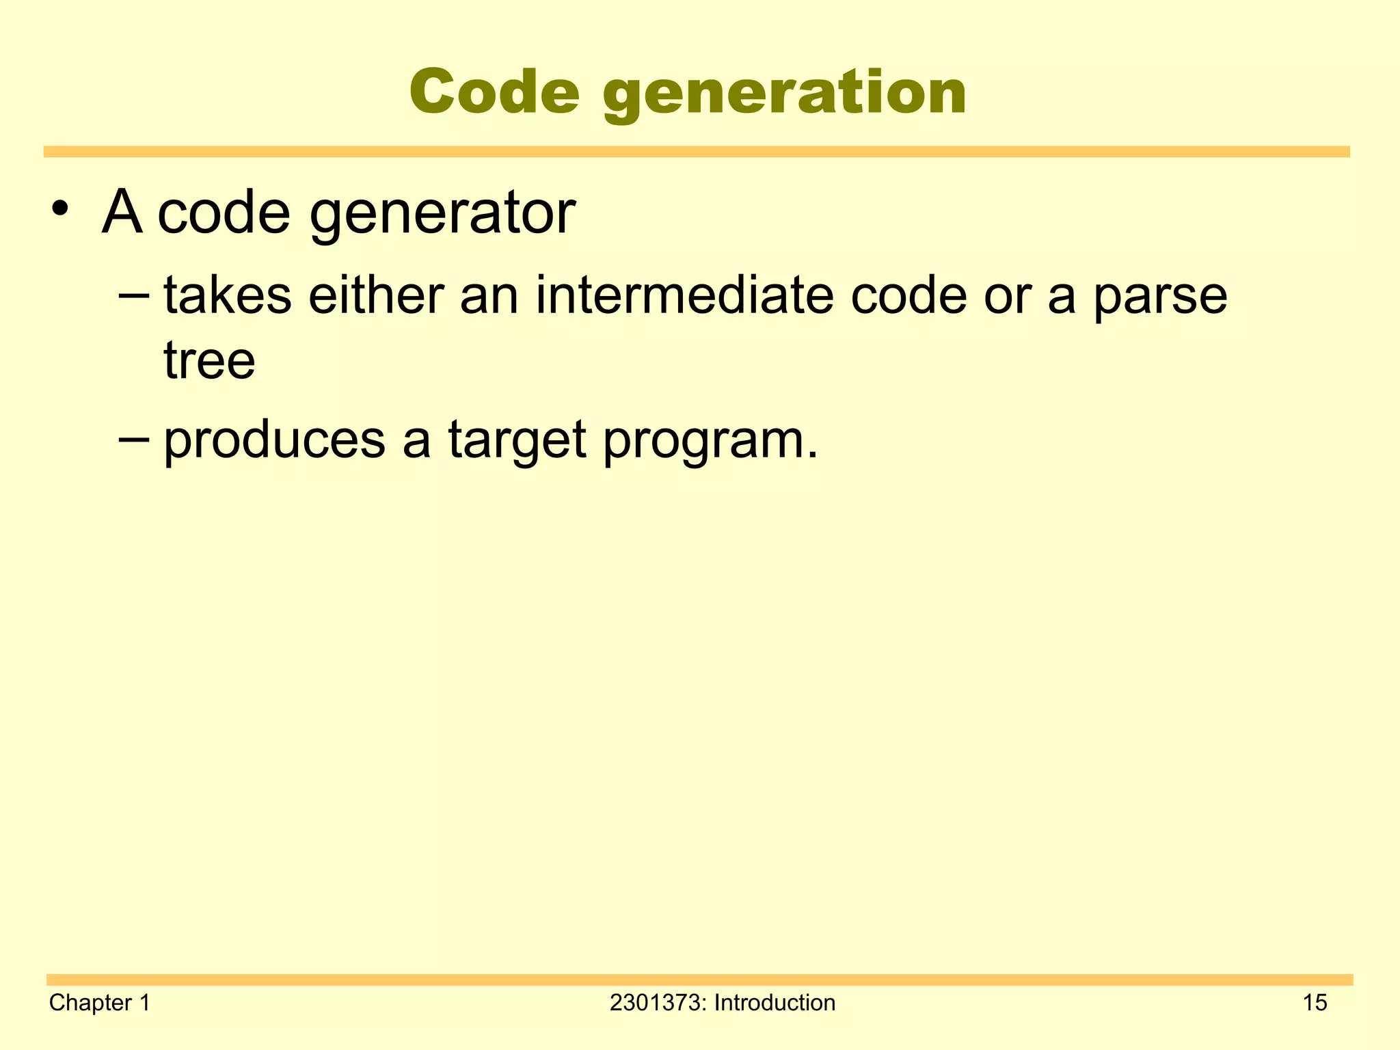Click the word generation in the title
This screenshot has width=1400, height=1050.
(x=785, y=96)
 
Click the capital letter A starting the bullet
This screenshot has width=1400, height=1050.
(x=122, y=212)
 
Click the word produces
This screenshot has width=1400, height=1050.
(x=275, y=441)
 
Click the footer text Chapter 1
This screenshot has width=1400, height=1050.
(x=100, y=1003)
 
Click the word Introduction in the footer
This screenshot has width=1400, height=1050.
(x=775, y=1003)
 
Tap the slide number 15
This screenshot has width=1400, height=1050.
(x=1315, y=1003)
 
